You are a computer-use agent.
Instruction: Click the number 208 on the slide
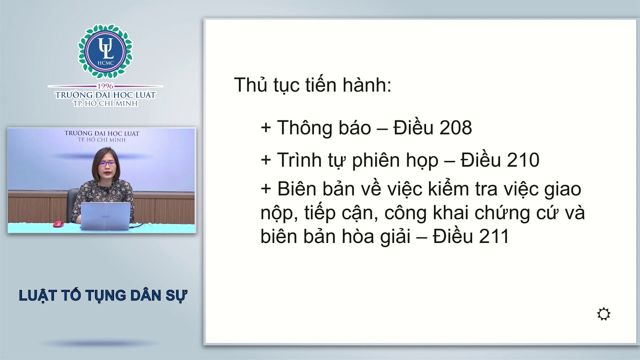[455, 128]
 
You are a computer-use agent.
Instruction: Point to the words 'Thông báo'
[323, 128]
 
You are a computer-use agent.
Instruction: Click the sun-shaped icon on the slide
[603, 314]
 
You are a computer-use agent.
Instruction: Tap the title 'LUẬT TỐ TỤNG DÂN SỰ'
[103, 295]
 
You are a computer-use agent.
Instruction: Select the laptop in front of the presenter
[105, 216]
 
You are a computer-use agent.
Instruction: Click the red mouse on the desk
[58, 223]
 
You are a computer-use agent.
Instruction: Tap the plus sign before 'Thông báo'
[265, 128]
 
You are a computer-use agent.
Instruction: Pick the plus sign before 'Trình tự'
[265, 160]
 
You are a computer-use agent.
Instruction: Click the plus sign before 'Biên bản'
[265, 190]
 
